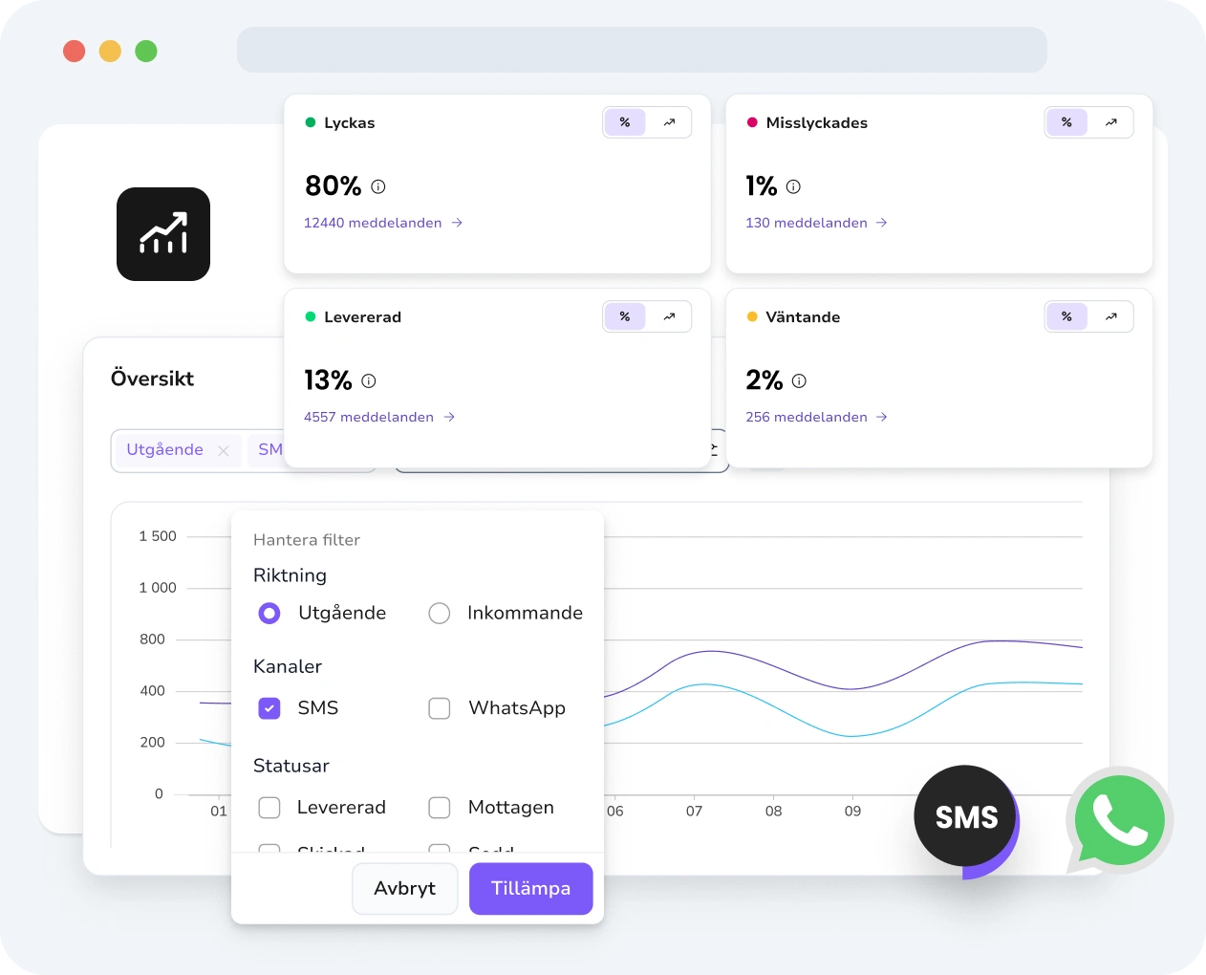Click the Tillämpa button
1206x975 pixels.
point(530,889)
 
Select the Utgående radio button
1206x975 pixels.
point(269,614)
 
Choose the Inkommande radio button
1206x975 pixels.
point(440,614)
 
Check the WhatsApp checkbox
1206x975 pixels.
point(440,708)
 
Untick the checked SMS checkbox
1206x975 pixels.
point(269,708)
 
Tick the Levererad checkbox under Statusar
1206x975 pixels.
point(269,808)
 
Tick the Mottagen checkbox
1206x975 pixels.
point(440,808)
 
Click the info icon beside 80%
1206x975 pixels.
point(378,186)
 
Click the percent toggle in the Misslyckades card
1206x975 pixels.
point(1066,122)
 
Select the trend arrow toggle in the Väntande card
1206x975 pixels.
point(1111,316)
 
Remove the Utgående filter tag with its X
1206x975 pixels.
point(224,450)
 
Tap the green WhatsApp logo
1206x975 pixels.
point(1119,819)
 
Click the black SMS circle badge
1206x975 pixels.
point(965,817)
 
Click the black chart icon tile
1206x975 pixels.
point(163,234)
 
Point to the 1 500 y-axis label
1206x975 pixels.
point(158,536)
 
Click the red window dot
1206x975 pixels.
point(75,51)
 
